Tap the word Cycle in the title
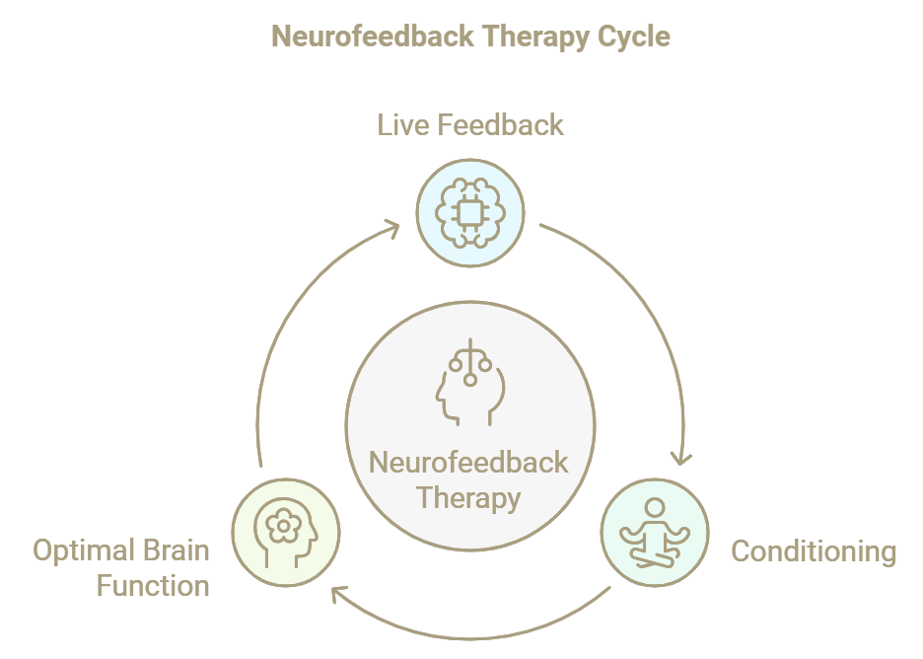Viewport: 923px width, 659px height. click(634, 37)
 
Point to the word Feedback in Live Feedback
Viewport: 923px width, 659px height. click(503, 125)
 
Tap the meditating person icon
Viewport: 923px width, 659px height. click(655, 533)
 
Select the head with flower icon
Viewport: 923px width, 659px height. click(285, 533)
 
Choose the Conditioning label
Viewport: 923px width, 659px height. click(814, 550)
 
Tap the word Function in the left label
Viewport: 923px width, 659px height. click(153, 586)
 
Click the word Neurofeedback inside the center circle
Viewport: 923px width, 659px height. click(468, 463)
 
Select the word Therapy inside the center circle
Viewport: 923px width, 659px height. click(468, 498)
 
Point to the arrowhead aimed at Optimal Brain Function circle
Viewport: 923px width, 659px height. click(339, 594)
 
